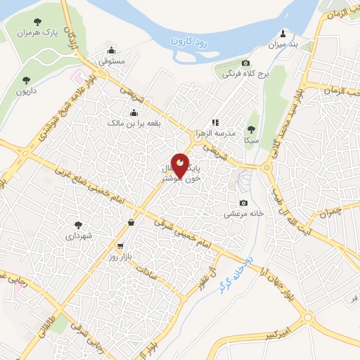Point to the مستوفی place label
point(111,63)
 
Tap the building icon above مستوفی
point(112,51)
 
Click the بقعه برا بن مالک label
point(134,123)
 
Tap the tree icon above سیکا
point(251,129)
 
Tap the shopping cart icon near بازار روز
point(121,247)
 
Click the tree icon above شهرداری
point(78,225)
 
